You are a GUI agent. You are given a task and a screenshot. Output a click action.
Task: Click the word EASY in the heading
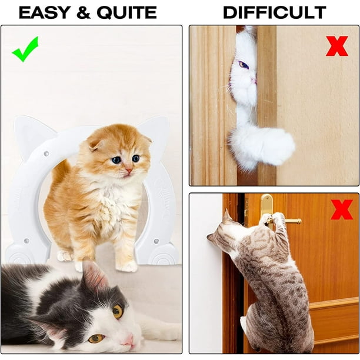[44, 12]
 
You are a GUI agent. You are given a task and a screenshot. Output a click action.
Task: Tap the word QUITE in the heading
[127, 12]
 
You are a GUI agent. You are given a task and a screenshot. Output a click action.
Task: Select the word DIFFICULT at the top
[275, 12]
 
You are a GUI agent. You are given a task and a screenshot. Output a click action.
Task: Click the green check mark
[25, 49]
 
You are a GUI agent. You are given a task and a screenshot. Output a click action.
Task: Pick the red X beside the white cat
[337, 46]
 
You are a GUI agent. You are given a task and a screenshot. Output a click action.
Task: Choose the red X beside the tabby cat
[342, 209]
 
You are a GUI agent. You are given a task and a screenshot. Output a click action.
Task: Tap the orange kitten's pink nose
[129, 170]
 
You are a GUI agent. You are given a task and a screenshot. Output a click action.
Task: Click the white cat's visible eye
[244, 65]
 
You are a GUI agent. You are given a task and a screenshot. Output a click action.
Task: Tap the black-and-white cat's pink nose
[129, 341]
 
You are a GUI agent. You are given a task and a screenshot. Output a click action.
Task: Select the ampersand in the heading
[84, 12]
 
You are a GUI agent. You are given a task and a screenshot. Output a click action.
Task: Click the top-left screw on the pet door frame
[46, 153]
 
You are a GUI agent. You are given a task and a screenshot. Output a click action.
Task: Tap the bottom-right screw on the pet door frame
[156, 241]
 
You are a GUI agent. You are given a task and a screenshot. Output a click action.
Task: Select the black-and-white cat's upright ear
[94, 275]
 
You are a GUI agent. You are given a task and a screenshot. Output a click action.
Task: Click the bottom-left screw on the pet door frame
[26, 241]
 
